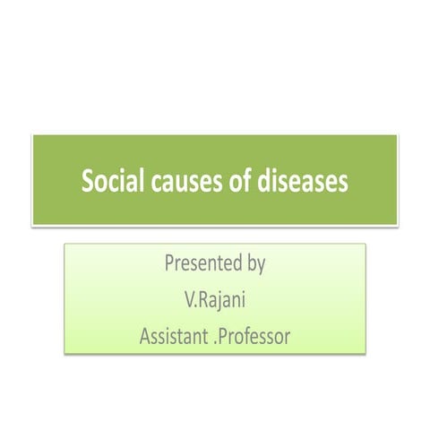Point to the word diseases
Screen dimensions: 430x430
pos(301,182)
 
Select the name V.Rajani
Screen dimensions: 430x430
pos(215,300)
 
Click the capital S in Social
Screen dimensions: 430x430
pos(89,182)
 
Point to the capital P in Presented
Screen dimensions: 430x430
pos(169,264)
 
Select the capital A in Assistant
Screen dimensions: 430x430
pos(146,337)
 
